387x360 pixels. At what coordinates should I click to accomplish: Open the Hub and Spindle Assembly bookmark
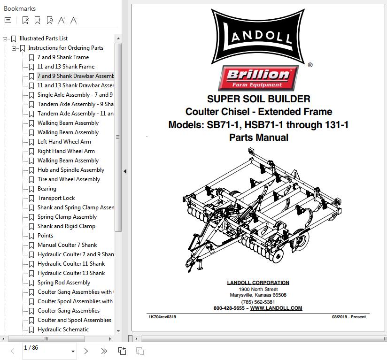tap(71, 170)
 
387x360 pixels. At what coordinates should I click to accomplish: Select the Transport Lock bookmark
tap(56, 198)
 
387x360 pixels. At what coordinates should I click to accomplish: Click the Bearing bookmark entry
tap(47, 189)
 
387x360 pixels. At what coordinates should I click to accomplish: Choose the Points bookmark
tap(45, 236)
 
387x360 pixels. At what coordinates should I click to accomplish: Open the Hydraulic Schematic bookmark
tap(63, 329)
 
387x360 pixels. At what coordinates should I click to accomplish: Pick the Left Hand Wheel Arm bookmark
tap(64, 142)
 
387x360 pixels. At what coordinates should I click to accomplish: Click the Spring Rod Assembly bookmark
tap(64, 283)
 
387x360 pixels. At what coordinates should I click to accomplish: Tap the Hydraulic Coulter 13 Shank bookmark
tap(71, 273)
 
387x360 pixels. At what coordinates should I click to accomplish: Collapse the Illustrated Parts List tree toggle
tap(5, 38)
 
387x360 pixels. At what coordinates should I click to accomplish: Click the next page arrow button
tap(86, 351)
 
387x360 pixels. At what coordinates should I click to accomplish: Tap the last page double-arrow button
tap(104, 351)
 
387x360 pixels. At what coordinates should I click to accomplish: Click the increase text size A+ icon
tap(62, 20)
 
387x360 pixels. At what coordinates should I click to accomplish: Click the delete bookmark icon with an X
tap(25, 20)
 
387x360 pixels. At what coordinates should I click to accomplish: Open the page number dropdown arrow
tap(73, 352)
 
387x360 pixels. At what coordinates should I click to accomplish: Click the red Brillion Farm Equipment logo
tap(258, 78)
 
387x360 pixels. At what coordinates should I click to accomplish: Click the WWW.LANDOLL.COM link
tap(276, 308)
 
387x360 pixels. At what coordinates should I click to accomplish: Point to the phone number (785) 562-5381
tap(258, 302)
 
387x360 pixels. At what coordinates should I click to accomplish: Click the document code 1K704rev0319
tap(162, 317)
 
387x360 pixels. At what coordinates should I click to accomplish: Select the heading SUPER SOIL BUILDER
tap(259, 99)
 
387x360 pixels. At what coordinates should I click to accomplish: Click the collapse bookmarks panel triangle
tap(125, 171)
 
